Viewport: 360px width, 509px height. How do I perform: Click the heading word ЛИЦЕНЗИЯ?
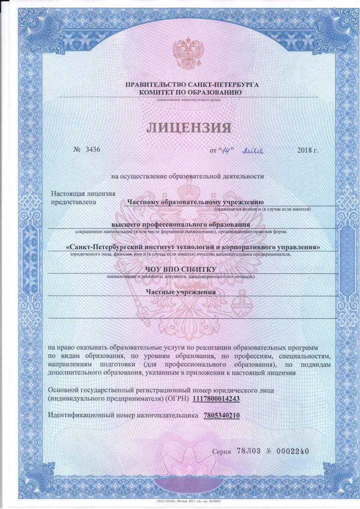point(189,128)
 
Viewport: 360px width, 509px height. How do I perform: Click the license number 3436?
point(92,150)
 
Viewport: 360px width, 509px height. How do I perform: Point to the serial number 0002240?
point(292,451)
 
